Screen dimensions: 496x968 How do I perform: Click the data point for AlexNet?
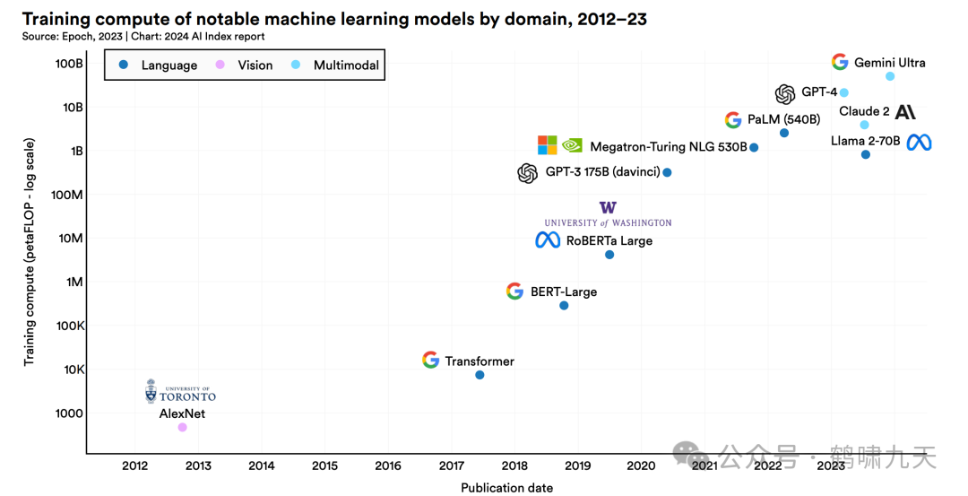point(182,427)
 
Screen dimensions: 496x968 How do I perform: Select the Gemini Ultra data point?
point(890,76)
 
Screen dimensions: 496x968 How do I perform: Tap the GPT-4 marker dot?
point(843,92)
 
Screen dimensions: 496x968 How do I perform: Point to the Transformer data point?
point(480,375)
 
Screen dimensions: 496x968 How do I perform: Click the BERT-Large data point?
point(564,306)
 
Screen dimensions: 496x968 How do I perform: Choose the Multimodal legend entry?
point(336,65)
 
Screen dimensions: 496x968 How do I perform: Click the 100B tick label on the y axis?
point(69,64)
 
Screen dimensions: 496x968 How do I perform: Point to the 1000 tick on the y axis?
point(69,413)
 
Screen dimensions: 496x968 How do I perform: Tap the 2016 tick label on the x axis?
point(388,466)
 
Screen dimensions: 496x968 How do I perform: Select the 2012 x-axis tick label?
point(135,466)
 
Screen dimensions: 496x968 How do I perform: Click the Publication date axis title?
point(506,488)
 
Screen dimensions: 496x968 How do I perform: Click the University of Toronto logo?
point(180,391)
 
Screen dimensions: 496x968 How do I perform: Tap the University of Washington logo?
point(608,214)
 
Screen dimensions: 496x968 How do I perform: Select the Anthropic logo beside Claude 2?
point(905,112)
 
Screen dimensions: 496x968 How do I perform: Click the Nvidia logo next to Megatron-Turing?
point(572,145)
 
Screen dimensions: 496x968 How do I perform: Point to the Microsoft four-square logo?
point(547,145)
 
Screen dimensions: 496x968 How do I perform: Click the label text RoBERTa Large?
point(609,240)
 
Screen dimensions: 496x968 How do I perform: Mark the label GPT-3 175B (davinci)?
point(602,172)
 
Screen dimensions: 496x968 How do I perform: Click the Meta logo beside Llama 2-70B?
point(919,142)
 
